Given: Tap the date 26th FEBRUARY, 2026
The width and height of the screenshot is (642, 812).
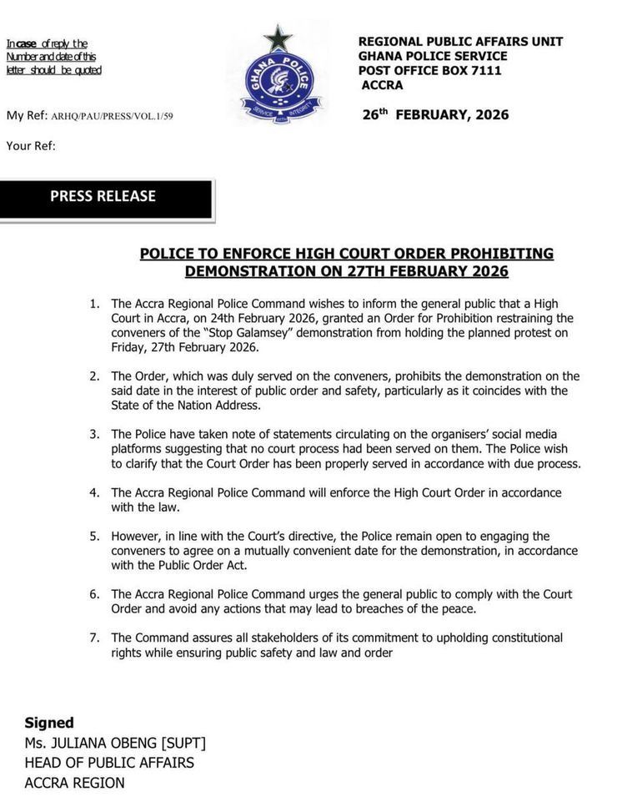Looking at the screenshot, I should (x=435, y=115).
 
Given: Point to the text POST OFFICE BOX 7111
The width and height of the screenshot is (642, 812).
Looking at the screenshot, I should (x=429, y=71).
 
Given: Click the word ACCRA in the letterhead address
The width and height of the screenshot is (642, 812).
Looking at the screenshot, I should (x=383, y=85).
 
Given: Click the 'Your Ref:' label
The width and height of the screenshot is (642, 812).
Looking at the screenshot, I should (x=31, y=146).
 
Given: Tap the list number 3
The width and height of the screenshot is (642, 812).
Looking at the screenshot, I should (x=94, y=435).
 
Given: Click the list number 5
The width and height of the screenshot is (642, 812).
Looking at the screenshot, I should (x=94, y=537).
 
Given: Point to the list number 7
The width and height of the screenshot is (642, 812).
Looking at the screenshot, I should (x=94, y=638).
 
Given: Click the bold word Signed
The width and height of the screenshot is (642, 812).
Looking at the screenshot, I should (x=49, y=723).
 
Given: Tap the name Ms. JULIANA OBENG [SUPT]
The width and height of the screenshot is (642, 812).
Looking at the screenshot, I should (x=115, y=743).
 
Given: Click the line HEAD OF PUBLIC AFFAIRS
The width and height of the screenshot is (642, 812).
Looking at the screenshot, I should (x=109, y=763).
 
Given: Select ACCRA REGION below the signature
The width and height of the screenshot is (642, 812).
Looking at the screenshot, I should (x=74, y=783).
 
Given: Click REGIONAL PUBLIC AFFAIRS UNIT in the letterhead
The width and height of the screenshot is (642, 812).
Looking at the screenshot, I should (x=460, y=42).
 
